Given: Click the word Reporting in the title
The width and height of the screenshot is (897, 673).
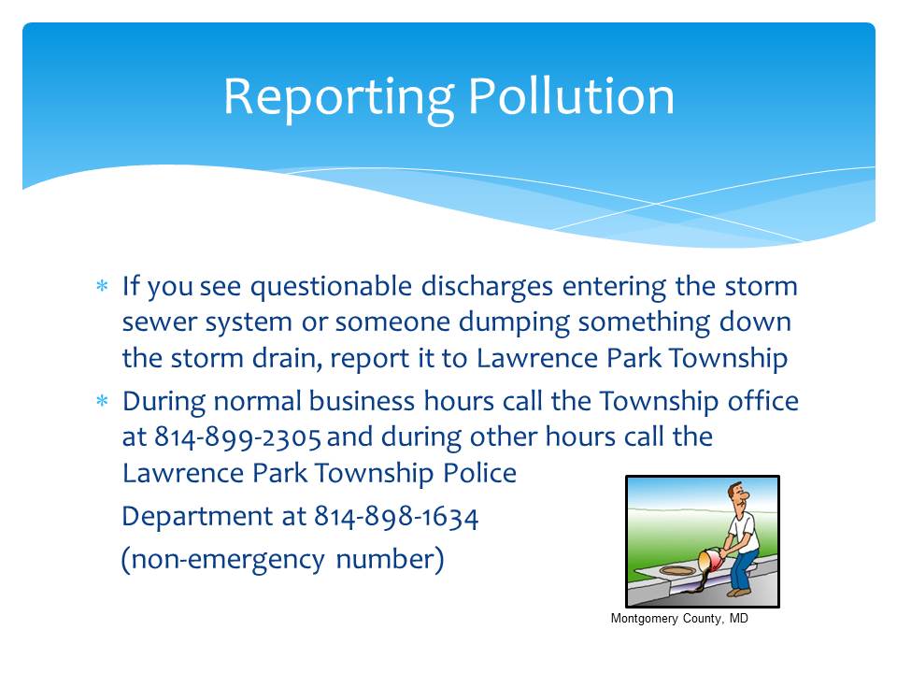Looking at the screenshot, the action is click(x=338, y=98).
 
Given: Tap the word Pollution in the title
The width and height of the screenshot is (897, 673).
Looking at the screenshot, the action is click(x=571, y=95).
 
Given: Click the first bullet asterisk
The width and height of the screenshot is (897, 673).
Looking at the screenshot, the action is click(x=102, y=285).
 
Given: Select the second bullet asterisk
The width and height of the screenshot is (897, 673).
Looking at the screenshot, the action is click(x=102, y=400).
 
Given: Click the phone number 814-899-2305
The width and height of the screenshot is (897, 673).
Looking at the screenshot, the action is click(x=237, y=437).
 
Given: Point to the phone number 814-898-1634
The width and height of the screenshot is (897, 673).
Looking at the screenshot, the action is click(x=396, y=516).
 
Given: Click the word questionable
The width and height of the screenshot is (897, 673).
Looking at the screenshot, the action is click(x=331, y=287).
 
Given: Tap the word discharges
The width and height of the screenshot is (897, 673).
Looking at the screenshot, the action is click(x=487, y=287).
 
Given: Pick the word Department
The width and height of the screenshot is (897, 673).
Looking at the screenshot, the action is click(x=197, y=517).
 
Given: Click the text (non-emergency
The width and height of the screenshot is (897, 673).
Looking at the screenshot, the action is click(x=223, y=560).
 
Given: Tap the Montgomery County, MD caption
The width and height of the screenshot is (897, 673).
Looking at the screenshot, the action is click(x=679, y=618).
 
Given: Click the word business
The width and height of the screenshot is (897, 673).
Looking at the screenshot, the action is click(x=362, y=401).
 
